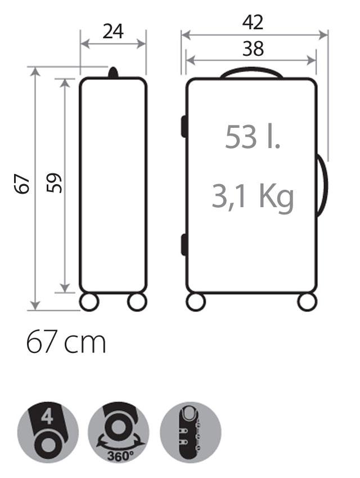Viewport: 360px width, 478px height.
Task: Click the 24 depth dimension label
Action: pos(112,32)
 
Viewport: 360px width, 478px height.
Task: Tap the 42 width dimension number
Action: pos(253,23)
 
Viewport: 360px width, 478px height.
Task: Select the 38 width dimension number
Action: pos(253,49)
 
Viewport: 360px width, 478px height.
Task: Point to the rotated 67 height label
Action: pos(22,184)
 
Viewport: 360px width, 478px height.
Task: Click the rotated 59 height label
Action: pos(54,183)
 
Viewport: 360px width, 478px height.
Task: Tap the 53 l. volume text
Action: pos(253,137)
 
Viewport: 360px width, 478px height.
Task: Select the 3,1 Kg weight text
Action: pos(253,196)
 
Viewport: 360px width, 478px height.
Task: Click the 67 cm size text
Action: pos(66,342)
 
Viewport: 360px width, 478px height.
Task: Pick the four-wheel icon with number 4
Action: pos(48,432)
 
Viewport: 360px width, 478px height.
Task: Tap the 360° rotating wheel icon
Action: pos(119,432)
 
